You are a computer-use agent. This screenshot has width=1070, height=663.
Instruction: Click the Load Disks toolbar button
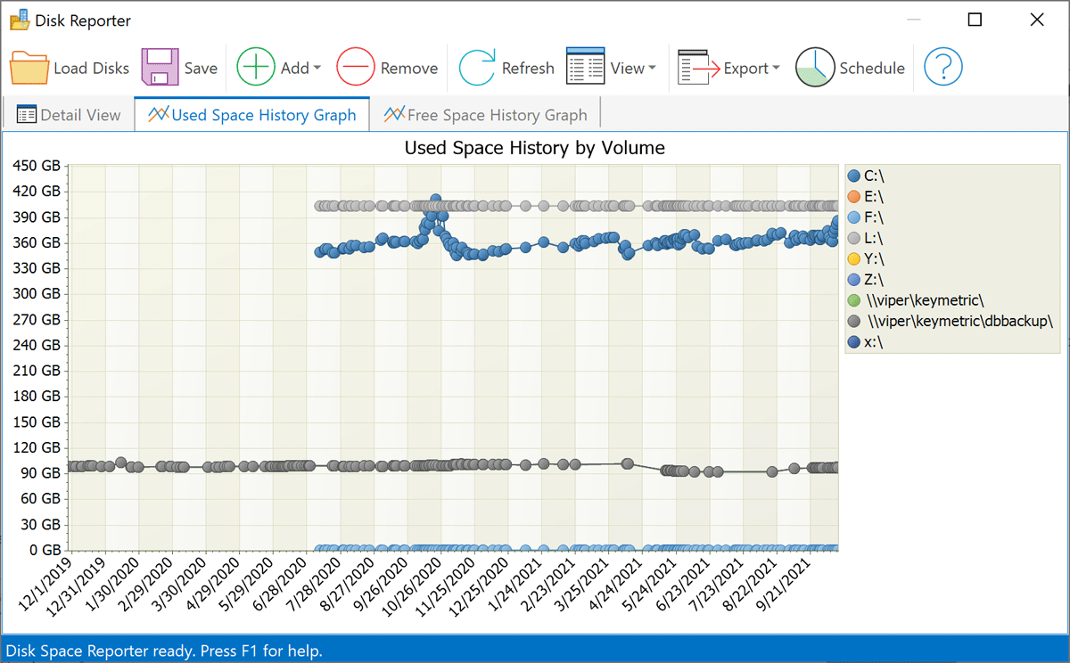[x=70, y=69]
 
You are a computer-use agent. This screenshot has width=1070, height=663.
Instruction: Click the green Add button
[x=277, y=69]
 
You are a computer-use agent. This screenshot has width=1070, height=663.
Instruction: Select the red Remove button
[x=387, y=69]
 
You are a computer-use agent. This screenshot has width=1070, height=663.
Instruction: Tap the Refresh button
[x=506, y=69]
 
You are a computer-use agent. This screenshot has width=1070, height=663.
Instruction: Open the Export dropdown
[x=728, y=69]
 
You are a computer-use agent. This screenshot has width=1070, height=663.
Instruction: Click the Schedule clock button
[x=850, y=69]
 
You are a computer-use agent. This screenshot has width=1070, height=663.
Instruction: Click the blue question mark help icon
[x=942, y=69]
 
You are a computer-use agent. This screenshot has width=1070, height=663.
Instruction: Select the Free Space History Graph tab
[x=485, y=115]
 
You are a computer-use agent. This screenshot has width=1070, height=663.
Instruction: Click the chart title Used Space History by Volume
[x=535, y=148]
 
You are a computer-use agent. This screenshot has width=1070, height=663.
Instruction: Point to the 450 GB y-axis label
[x=37, y=166]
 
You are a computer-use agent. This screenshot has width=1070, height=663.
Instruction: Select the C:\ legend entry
[x=874, y=176]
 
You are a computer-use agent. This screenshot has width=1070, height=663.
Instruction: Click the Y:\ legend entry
[x=874, y=259]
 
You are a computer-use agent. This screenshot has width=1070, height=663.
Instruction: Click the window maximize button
[x=975, y=20]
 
